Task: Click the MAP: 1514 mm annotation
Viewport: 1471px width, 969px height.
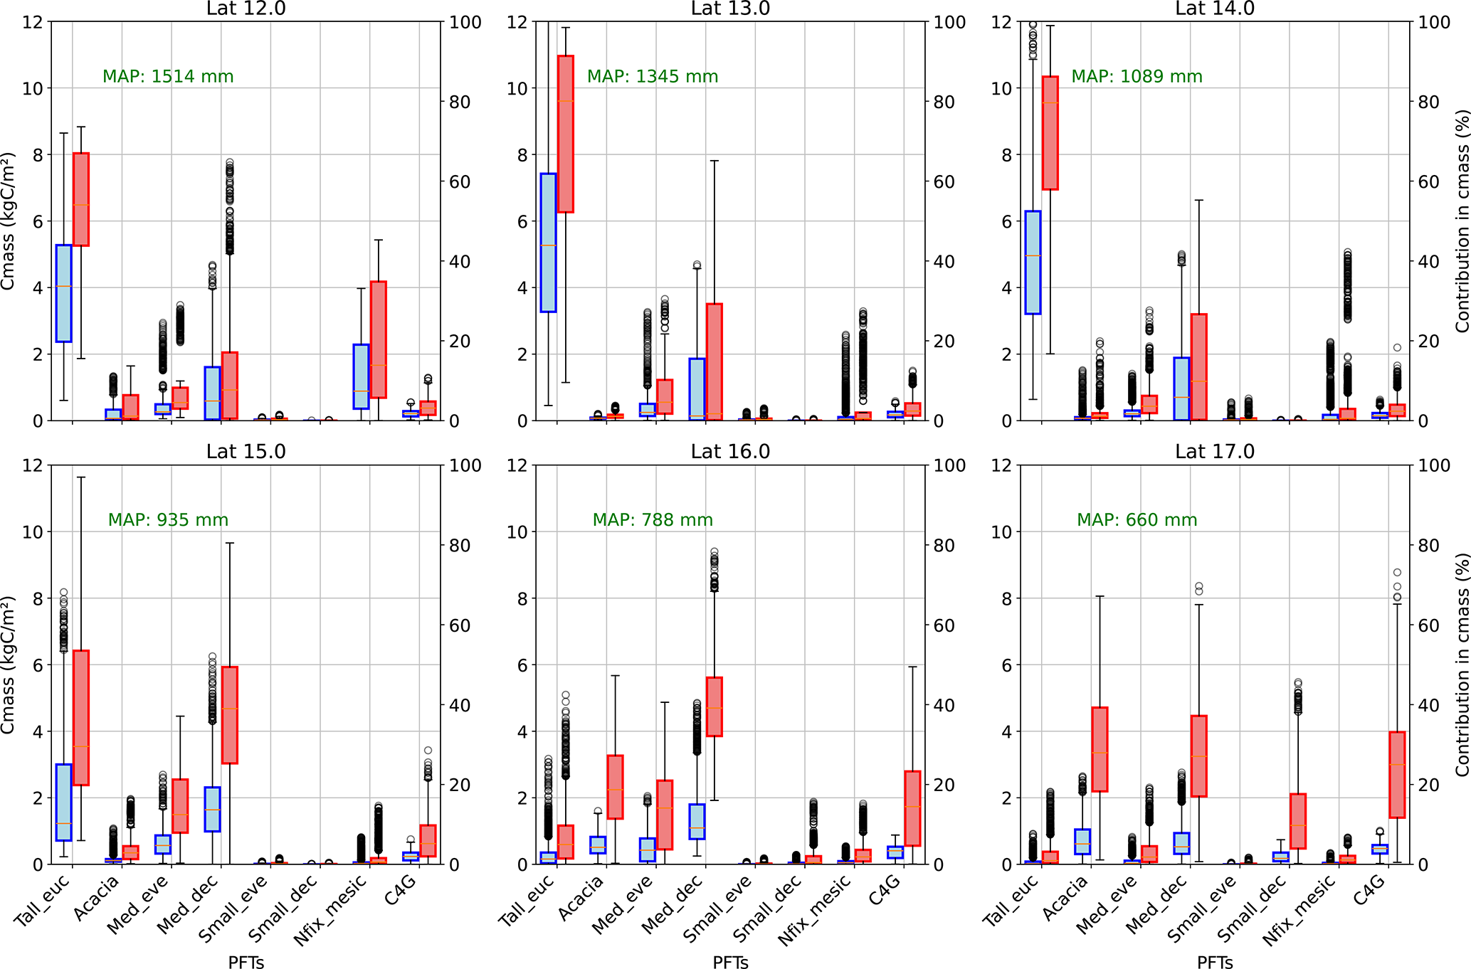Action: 168,77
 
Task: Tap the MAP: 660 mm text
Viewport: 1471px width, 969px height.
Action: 1137,520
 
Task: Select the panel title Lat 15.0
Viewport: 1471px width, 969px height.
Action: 246,452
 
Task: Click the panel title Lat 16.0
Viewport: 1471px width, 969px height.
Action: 730,452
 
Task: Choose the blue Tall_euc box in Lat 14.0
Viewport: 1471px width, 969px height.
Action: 1033,262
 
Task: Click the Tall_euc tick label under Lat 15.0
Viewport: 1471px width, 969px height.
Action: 43,899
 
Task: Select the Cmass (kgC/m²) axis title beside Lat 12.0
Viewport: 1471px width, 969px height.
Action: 8,221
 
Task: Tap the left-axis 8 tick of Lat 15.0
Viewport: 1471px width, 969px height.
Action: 38,598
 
